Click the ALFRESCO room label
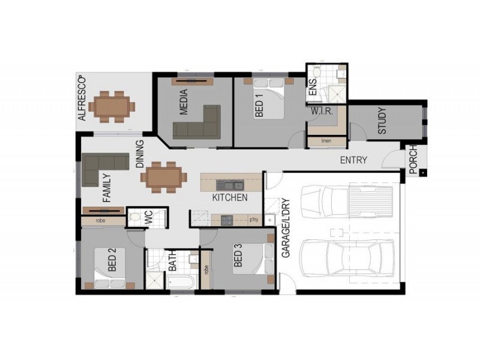coord(82,98)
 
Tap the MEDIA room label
coord(184,102)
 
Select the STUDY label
coord(382,121)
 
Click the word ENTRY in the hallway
coord(353,160)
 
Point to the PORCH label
coord(413,160)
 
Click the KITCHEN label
coord(230,197)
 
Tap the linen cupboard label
coord(326,141)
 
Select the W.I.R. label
coord(322,111)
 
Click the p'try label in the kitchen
coord(254,220)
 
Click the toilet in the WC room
coord(134,217)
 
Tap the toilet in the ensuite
coord(317,71)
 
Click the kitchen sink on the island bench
coord(230,185)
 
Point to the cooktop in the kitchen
coord(227,220)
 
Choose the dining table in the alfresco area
coord(112,107)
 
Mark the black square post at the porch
coord(422,173)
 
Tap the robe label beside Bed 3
coord(206,269)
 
